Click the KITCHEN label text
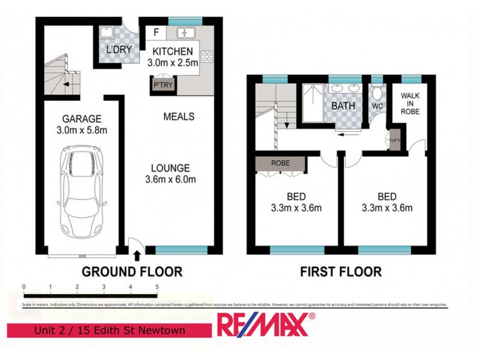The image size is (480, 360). pyautogui.click(x=173, y=51)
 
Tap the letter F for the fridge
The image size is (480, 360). pyautogui.click(x=156, y=31)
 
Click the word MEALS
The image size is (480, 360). pyautogui.click(x=179, y=116)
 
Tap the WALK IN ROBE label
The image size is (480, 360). pyautogui.click(x=410, y=103)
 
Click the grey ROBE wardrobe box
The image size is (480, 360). pyautogui.click(x=280, y=163)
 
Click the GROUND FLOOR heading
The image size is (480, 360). pyautogui.click(x=132, y=272)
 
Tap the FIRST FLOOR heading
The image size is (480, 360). pyautogui.click(x=341, y=272)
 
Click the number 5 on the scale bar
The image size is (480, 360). pyautogui.click(x=157, y=287)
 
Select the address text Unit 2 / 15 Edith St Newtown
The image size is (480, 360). pyautogui.click(x=109, y=331)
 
